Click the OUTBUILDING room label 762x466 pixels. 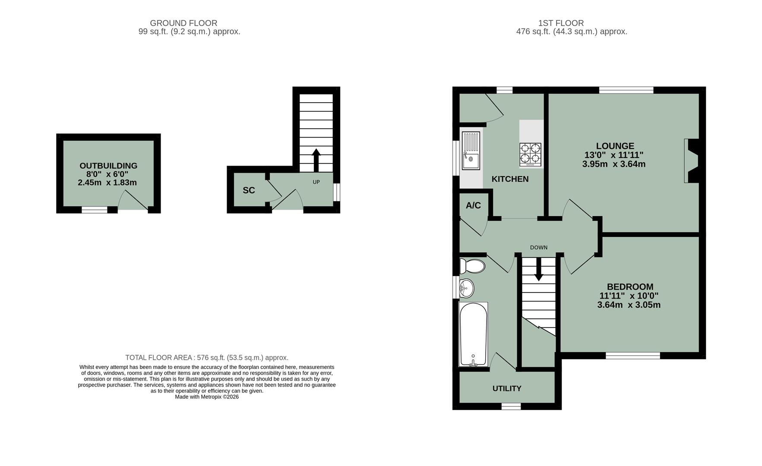point(108,166)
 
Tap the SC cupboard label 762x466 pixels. point(249,190)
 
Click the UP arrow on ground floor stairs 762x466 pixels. point(316,160)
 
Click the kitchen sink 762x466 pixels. point(471,151)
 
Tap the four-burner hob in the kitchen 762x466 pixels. point(530,154)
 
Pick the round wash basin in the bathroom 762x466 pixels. point(466,288)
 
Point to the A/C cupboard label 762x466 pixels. point(473,205)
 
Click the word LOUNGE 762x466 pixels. point(615,146)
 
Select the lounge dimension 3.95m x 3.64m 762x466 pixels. point(613,164)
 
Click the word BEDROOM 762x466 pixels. point(630,287)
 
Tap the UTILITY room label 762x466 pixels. point(507,388)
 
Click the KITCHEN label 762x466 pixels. point(510,179)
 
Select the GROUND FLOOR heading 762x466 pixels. point(183,23)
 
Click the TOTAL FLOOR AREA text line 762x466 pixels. point(207,358)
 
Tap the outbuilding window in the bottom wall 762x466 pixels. point(95,210)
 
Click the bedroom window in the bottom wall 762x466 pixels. point(632,356)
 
